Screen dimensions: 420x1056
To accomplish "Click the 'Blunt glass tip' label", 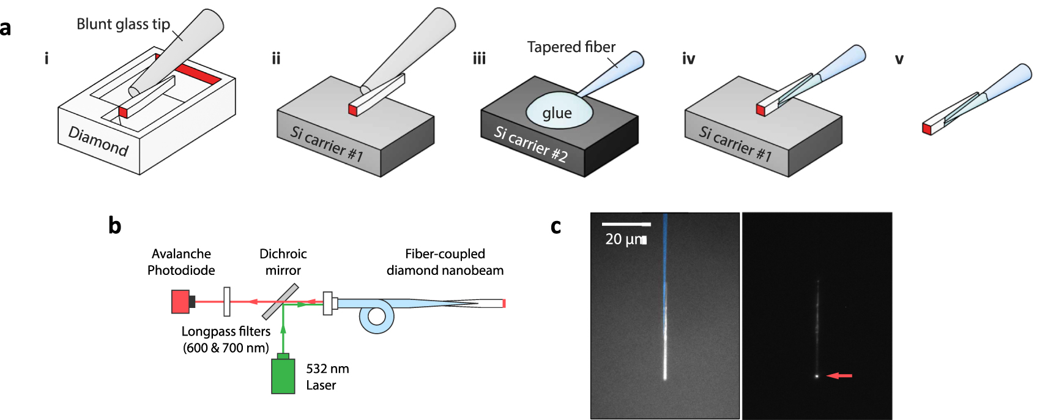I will click(123, 24).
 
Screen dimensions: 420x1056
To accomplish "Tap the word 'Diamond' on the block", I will click(99, 141).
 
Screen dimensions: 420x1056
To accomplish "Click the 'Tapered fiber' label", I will click(571, 47).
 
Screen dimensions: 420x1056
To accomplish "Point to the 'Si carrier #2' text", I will click(530, 144).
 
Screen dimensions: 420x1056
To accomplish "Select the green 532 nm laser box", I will click(283, 375).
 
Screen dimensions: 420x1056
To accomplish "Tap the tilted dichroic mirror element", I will click(280, 302).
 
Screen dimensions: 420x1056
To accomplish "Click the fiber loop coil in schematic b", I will click(376, 317).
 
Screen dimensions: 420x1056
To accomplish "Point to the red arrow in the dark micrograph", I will click(839, 375).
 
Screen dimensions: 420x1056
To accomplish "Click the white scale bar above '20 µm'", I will click(625, 224).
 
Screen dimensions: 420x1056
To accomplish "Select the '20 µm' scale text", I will click(624, 239).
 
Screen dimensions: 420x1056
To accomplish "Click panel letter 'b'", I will click(114, 226).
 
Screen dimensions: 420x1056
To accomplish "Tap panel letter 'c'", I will click(556, 227).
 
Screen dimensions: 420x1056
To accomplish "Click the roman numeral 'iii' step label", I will click(479, 59).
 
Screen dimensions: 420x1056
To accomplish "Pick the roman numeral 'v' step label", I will click(899, 59).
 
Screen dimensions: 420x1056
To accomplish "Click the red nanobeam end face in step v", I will click(926, 129).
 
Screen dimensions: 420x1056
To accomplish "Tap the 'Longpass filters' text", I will click(226, 331).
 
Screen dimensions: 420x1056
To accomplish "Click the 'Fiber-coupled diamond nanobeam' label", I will click(445, 262).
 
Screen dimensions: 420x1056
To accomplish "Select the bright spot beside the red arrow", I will click(817, 376).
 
